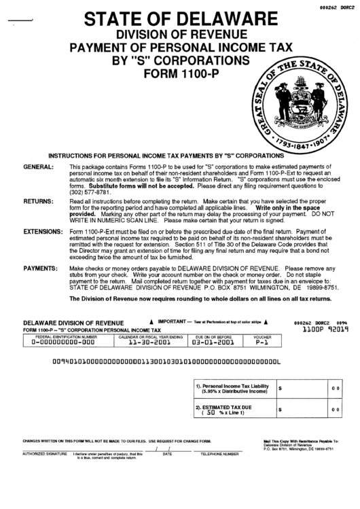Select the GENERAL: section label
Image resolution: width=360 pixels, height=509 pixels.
pos(39,166)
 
